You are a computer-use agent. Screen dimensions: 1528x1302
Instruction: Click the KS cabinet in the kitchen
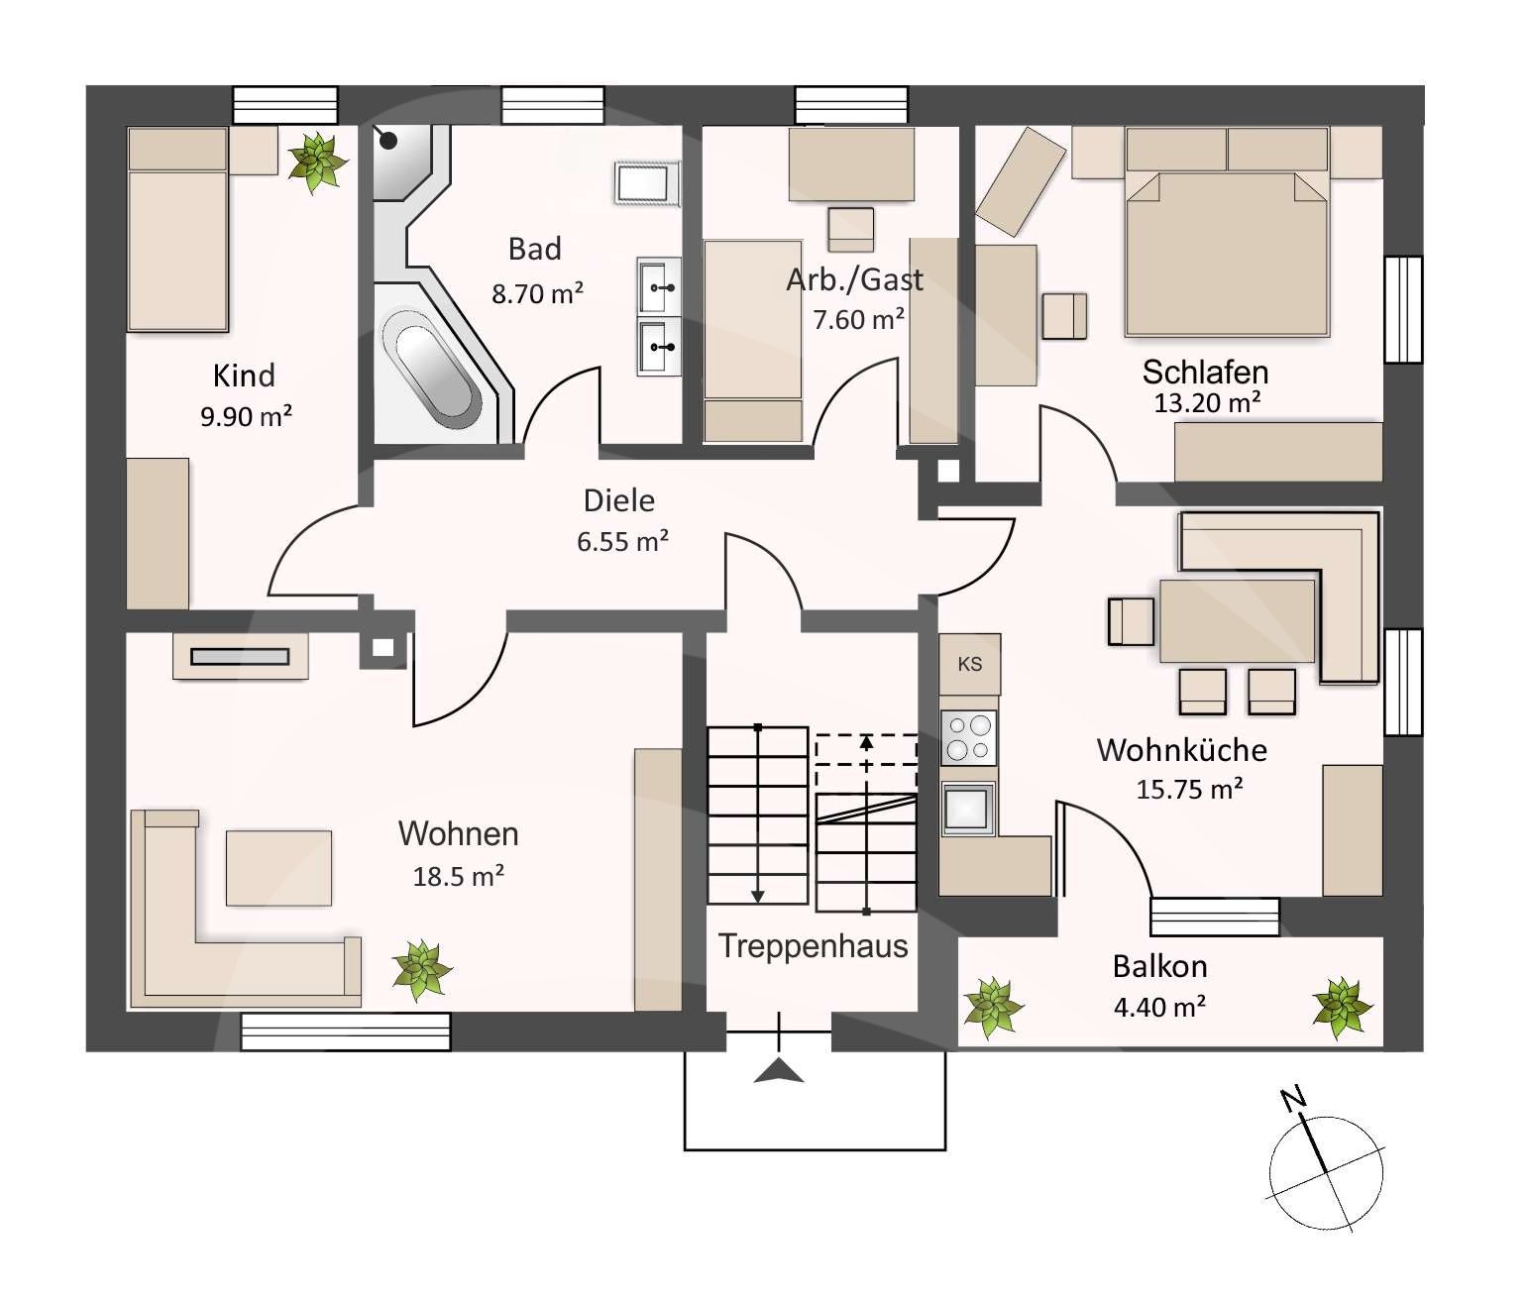coord(970,664)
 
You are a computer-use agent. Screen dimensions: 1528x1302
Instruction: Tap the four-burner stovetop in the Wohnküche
coord(968,737)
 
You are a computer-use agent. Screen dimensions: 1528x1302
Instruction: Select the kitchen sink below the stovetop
coord(968,808)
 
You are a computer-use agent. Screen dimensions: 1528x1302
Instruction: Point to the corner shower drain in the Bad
coord(388,141)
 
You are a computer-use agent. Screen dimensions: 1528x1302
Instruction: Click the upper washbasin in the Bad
coord(659,286)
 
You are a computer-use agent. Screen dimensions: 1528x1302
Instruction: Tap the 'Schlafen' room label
coord(1205,372)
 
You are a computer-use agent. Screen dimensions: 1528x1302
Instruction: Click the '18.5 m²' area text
coord(459,876)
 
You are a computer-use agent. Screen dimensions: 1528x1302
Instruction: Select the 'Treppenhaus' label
coord(814,946)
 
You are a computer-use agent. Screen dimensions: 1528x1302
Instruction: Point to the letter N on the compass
coord(1293,1100)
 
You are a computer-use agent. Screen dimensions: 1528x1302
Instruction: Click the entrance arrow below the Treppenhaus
coord(779,1070)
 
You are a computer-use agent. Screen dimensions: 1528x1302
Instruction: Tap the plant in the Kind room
coord(318,163)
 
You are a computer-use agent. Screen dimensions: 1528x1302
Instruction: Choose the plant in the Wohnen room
coord(422,970)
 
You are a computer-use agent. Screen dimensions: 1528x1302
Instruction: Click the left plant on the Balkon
coord(994,1008)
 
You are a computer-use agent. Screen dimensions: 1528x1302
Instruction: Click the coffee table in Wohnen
coord(278,868)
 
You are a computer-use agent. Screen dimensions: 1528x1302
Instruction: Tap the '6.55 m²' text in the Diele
coord(622,541)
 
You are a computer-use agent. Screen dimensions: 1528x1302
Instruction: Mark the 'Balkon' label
coord(1159,966)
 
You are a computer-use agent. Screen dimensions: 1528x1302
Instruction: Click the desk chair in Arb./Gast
coord(851,230)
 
